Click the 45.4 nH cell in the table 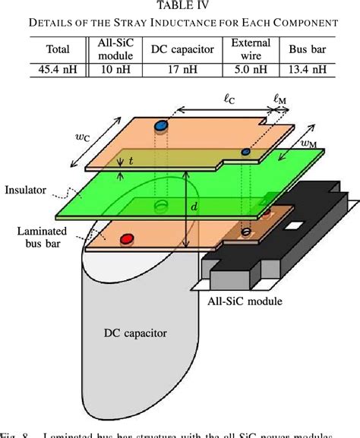(58, 71)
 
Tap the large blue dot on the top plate (160, 124)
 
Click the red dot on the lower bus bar (126, 239)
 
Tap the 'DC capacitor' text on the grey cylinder (135, 332)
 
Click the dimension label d (195, 206)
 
